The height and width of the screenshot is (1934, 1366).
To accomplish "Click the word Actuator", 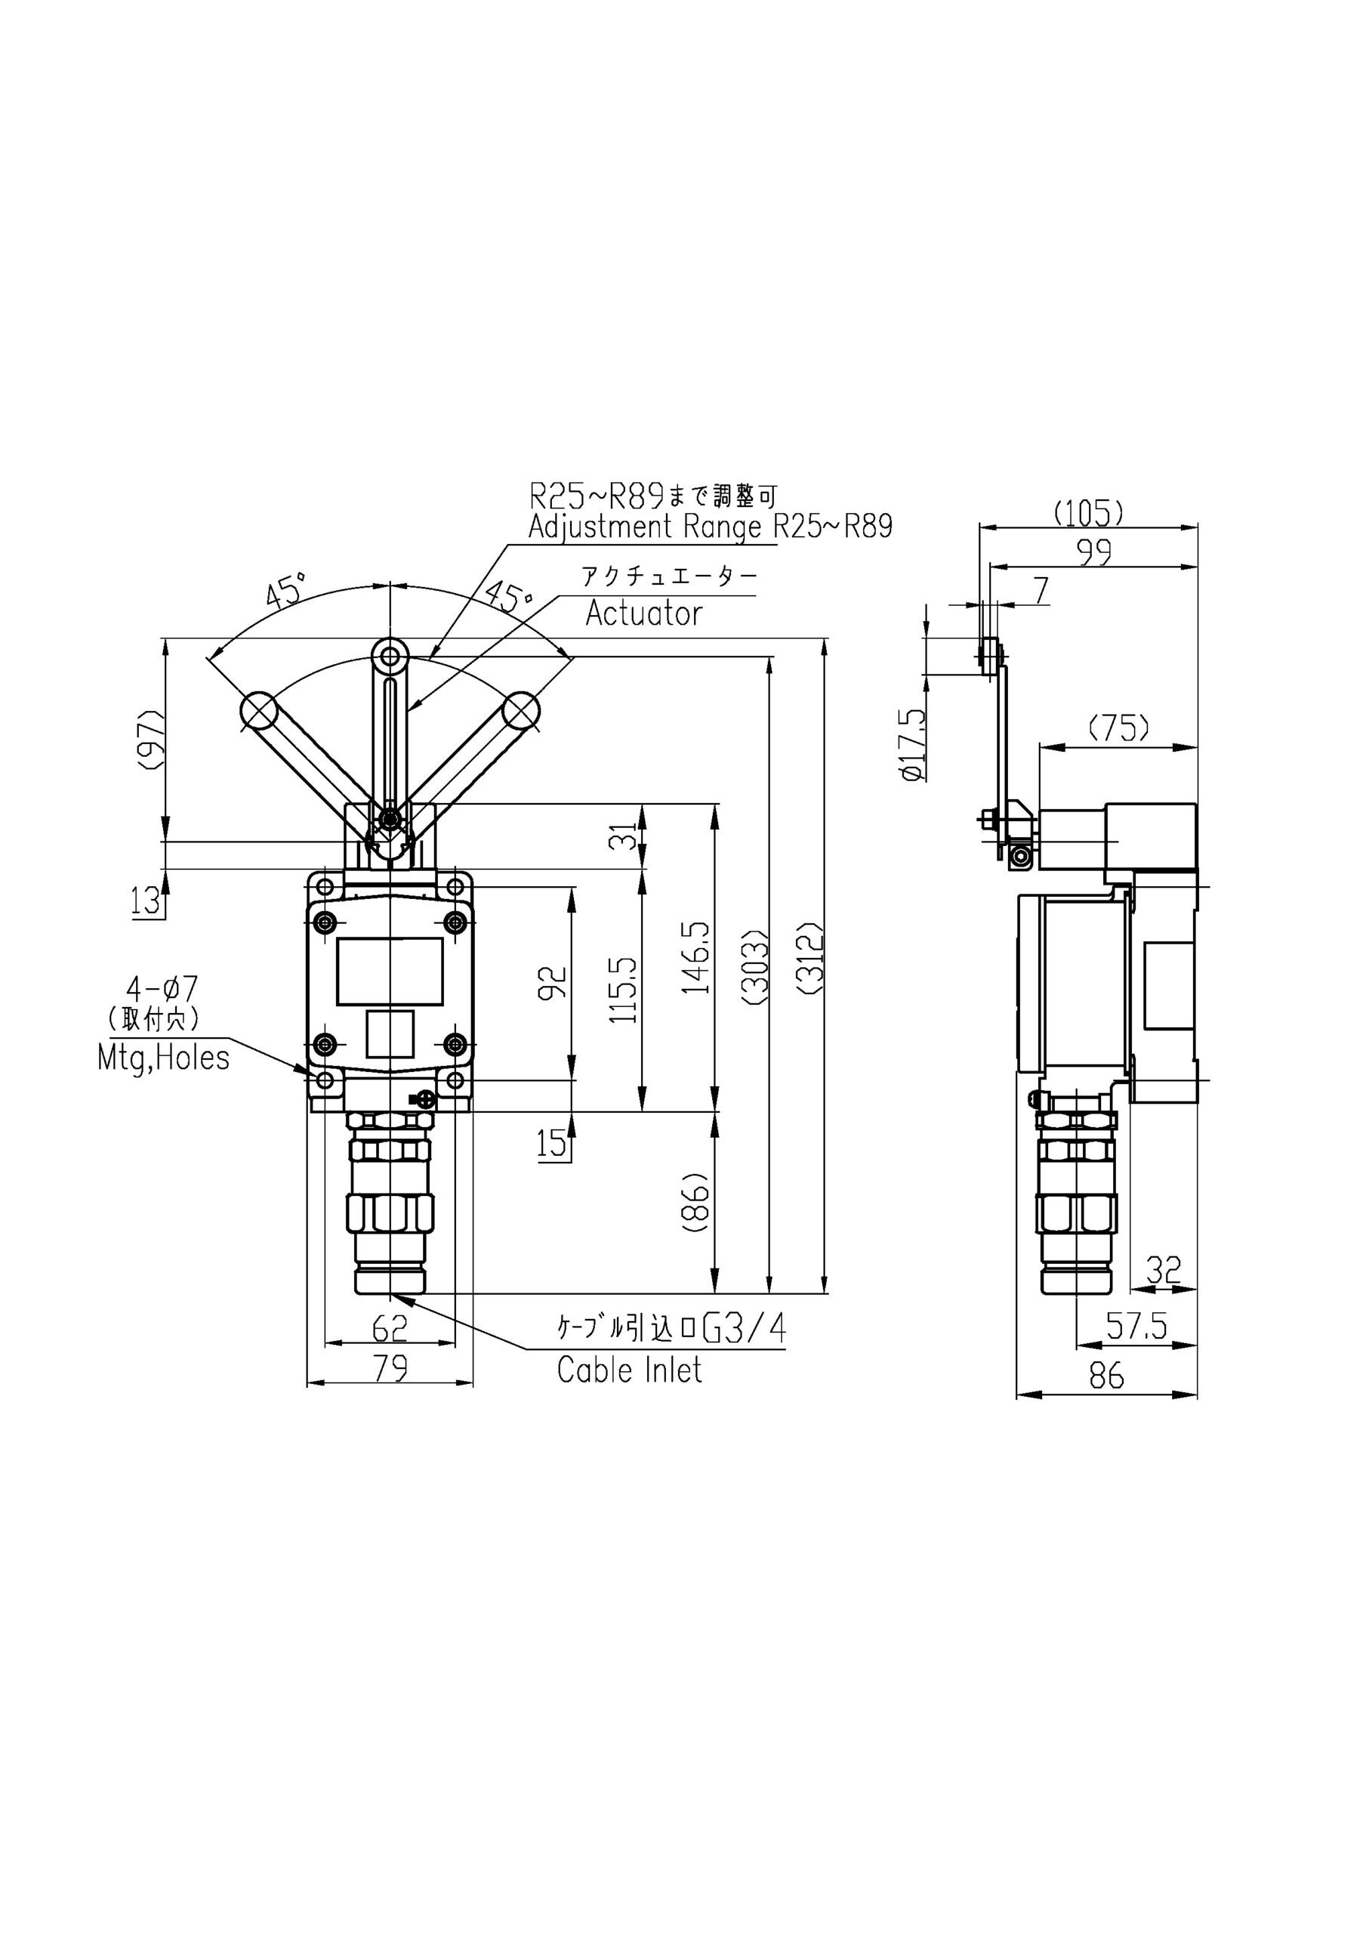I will (x=643, y=613).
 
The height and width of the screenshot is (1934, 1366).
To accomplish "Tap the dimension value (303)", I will (x=755, y=969).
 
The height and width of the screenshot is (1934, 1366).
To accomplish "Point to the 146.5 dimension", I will (x=697, y=957).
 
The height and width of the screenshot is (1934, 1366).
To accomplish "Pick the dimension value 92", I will (x=553, y=983).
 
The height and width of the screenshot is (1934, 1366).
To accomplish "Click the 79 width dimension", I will (x=390, y=1368).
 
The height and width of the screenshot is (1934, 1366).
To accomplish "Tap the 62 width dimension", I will (x=389, y=1328).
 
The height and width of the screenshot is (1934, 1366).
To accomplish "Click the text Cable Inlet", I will (x=629, y=1370).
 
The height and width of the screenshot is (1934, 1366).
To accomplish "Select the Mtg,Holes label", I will (x=163, y=1058).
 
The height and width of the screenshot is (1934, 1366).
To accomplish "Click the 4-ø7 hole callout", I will (x=162, y=987).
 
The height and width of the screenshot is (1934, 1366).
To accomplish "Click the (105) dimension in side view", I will (x=1089, y=513).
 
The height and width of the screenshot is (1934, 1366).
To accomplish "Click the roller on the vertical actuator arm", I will (x=390, y=654).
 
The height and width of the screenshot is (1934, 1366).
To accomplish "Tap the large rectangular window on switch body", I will (x=390, y=972).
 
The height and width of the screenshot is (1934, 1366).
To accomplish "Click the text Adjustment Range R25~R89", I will (x=709, y=527).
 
